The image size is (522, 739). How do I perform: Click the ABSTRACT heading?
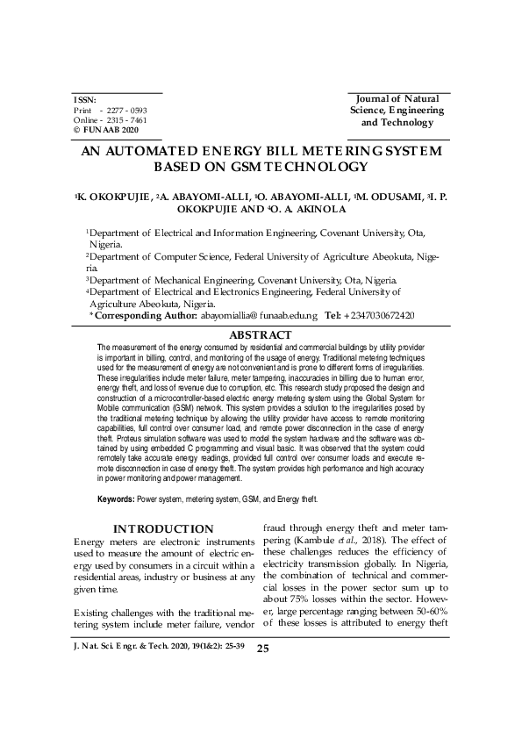click(260, 335)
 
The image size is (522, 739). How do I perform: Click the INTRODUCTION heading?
click(163, 528)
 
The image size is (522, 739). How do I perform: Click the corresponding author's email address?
click(259, 313)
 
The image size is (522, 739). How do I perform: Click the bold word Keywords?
click(117, 499)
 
